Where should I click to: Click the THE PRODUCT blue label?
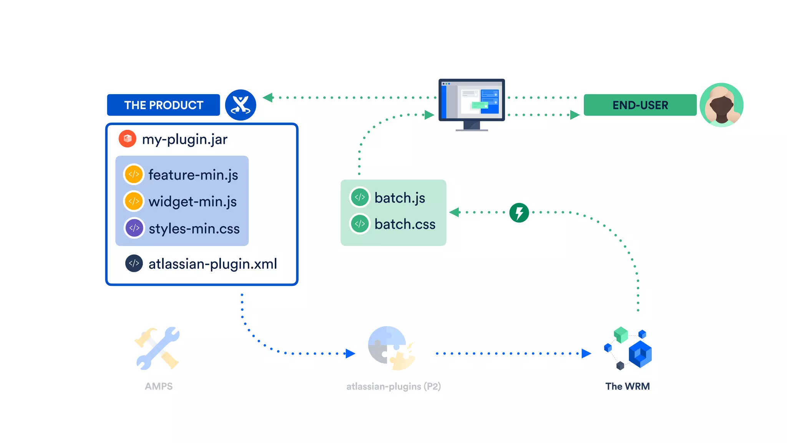(x=163, y=105)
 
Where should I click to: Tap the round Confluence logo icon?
(x=241, y=105)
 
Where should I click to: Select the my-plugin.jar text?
(x=184, y=139)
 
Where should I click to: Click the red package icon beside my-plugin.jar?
(x=128, y=139)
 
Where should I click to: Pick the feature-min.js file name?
(x=193, y=175)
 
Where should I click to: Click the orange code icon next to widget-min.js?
(x=134, y=201)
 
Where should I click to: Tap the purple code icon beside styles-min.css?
(x=134, y=228)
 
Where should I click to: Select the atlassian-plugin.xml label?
(x=213, y=264)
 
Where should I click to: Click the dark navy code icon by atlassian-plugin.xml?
(x=134, y=263)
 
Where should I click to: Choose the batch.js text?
(x=400, y=198)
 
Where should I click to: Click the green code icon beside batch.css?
(x=360, y=224)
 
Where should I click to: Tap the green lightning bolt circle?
(x=519, y=213)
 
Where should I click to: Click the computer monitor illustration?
(x=472, y=104)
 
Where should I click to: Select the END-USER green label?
(x=640, y=105)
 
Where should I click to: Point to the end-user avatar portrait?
(x=721, y=105)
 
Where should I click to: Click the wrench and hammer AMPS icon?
(x=158, y=348)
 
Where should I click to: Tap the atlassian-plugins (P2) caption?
(x=393, y=386)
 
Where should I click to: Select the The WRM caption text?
(x=627, y=386)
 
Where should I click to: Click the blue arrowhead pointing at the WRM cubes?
(x=586, y=353)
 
